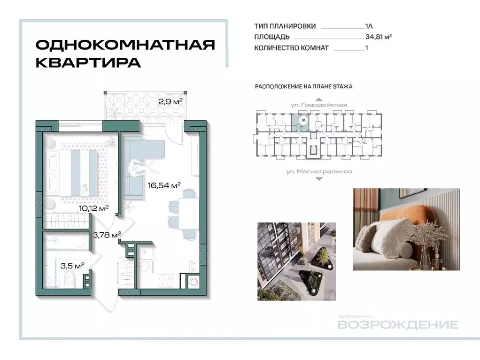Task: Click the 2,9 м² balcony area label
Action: click(x=170, y=100)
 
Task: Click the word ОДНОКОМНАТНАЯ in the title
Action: click(x=125, y=46)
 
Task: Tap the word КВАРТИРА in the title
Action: click(x=88, y=63)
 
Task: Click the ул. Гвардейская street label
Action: click(x=319, y=105)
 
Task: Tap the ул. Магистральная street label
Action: click(x=319, y=171)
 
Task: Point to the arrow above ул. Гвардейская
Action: click(x=319, y=99)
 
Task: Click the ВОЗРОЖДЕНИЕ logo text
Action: click(x=398, y=325)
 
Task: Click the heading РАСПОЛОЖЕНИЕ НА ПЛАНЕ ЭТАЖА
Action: click(x=303, y=87)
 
